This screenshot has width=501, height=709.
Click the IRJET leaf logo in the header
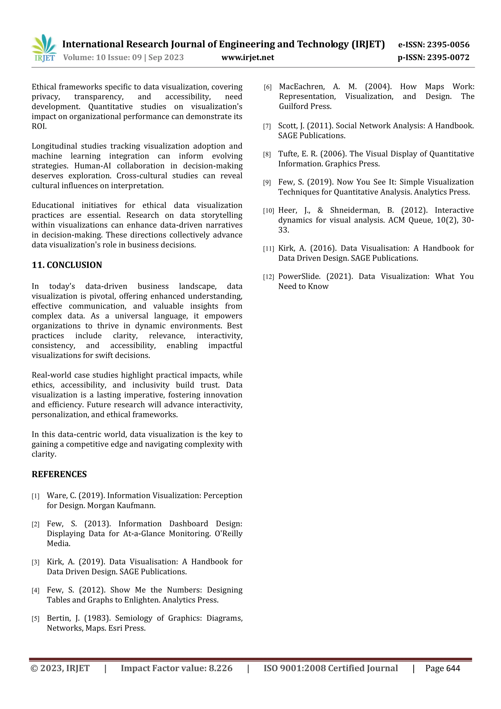[x=44, y=48]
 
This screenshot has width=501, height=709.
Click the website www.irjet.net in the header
[x=248, y=58]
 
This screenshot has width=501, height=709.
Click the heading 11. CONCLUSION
[x=67, y=265]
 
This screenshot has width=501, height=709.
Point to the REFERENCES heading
[x=59, y=474]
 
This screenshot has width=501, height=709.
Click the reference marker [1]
[x=35, y=496]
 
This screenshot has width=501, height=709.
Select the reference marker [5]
[x=35, y=619]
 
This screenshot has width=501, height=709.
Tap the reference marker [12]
[x=268, y=277]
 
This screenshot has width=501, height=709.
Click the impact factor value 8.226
[x=220, y=668]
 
